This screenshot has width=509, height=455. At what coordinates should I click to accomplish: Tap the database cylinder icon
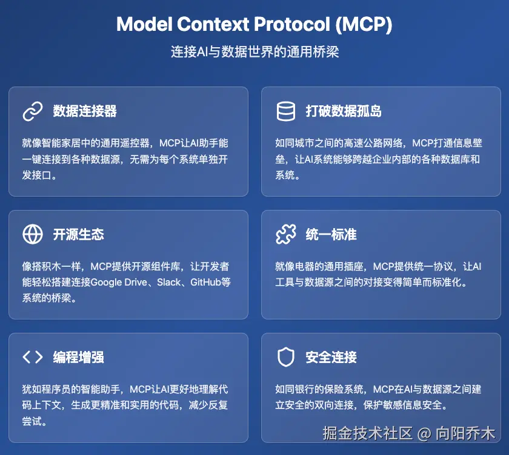click(285, 111)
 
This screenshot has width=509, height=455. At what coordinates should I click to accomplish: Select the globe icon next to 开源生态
click(33, 234)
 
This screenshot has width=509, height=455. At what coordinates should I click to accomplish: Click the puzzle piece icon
click(285, 234)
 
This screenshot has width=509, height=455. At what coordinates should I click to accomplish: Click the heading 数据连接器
click(85, 111)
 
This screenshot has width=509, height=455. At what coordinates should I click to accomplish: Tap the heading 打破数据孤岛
click(344, 111)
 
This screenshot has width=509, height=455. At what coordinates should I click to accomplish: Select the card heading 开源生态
click(79, 234)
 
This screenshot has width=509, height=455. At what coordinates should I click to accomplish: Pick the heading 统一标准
click(331, 234)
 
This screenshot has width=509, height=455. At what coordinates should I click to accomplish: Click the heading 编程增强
click(79, 357)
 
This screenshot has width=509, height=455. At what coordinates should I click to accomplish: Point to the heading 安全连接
click(331, 357)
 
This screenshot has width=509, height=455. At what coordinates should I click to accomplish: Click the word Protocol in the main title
click(292, 24)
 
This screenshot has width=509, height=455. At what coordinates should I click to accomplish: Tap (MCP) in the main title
click(364, 24)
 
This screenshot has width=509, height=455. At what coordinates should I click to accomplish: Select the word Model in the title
click(144, 24)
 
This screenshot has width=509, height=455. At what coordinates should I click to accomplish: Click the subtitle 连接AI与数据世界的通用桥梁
click(255, 52)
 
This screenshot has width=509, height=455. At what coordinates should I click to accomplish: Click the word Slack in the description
click(169, 283)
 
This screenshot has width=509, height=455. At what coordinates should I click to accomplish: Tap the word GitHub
click(205, 283)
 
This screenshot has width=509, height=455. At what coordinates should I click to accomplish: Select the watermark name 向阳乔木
click(465, 434)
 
